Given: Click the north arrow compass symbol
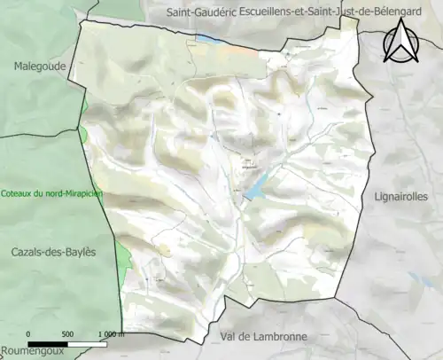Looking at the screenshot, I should (x=401, y=42).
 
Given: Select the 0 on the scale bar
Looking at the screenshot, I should (x=29, y=333).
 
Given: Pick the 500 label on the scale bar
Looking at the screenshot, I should (x=66, y=333).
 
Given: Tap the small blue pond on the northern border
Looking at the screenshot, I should (x=207, y=39).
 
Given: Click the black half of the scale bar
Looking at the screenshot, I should (x=48, y=342).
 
